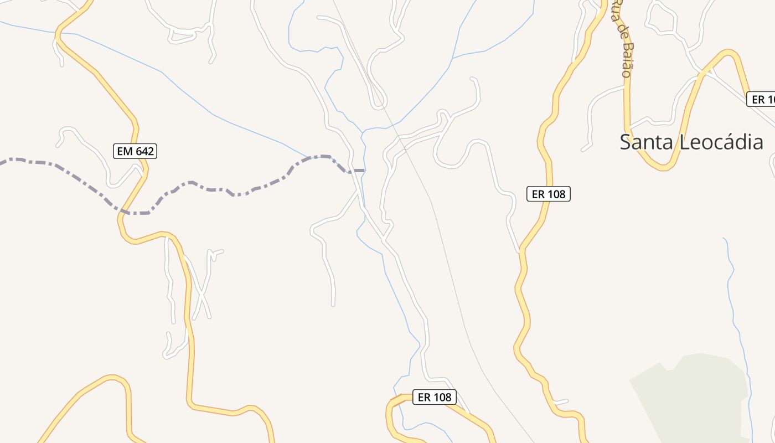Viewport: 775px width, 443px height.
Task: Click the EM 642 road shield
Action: point(135,151)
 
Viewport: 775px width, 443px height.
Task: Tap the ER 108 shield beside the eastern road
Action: point(548,194)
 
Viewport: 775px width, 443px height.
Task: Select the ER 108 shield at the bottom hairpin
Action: point(435,397)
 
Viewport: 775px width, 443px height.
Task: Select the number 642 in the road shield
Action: point(143,151)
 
